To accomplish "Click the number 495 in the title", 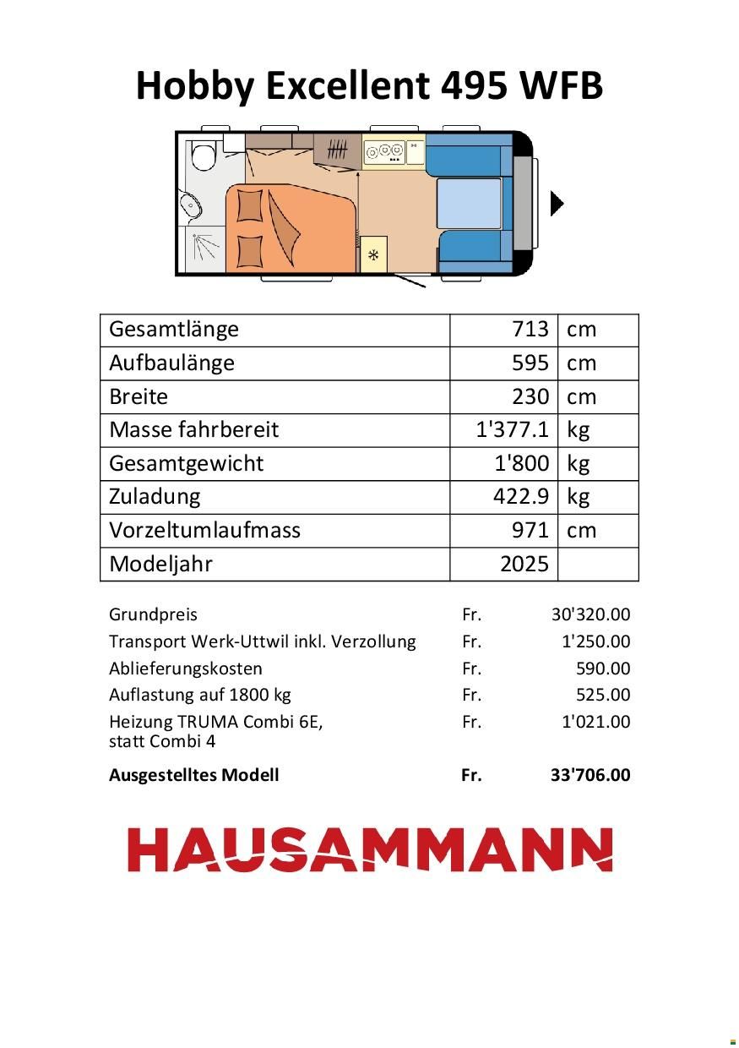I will tap(472, 86).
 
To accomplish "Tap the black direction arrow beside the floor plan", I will tap(557, 204).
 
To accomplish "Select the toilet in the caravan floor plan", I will tap(203, 156).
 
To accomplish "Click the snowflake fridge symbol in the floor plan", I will tap(373, 255).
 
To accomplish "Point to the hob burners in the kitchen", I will tap(384, 151).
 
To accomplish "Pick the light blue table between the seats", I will tap(468, 204).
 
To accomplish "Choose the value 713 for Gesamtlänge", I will tap(530, 330).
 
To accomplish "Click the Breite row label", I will tap(139, 396).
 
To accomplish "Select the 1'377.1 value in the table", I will tap(513, 429).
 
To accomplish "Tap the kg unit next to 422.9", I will tap(578, 496).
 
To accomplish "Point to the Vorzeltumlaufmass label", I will tap(204, 530).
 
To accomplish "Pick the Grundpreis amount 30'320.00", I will tap(590, 614).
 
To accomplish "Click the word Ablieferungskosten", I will tap(186, 669).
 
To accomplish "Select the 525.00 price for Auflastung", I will tap(603, 695).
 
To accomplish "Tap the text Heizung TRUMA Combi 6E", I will tap(216, 722).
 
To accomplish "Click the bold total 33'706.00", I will tap(590, 775).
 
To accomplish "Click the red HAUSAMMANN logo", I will tap(370, 850).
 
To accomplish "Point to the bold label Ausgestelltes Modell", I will tap(193, 775).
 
